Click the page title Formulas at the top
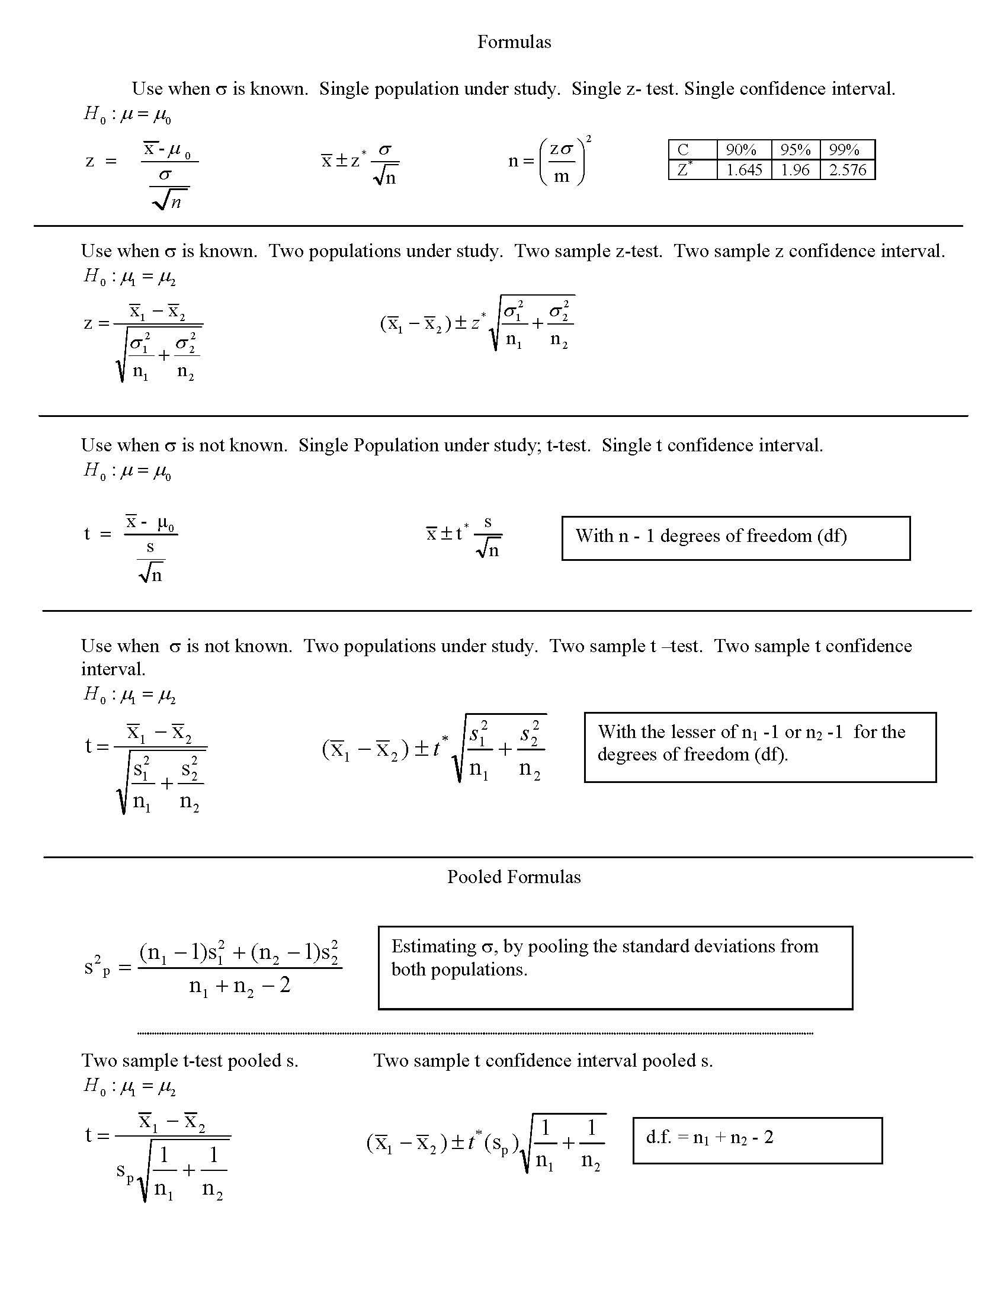[x=514, y=42]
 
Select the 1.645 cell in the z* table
[x=743, y=170]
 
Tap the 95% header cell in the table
[x=795, y=149]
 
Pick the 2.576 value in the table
[x=847, y=170]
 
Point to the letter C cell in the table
[x=683, y=149]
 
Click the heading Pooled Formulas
[x=514, y=877]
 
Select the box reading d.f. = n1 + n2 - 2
[x=756, y=1140]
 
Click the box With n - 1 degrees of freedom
[x=735, y=538]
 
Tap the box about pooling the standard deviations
[x=614, y=967]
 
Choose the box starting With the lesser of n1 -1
[x=759, y=746]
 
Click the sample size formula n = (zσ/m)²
[x=549, y=161]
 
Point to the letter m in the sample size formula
[x=562, y=176]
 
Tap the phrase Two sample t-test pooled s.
[x=190, y=1060]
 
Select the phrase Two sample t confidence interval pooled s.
[x=543, y=1060]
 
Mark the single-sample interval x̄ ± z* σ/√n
[x=360, y=163]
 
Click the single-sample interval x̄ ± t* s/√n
[x=464, y=536]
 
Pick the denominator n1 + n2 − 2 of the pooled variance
[x=239, y=986]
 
